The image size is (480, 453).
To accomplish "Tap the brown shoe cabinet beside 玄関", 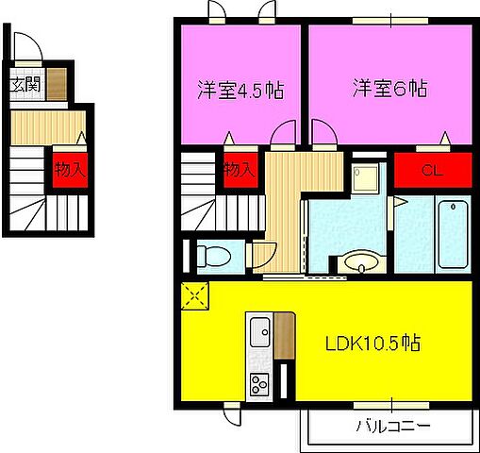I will point(56,84).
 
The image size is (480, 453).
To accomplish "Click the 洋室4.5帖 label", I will point(241,91).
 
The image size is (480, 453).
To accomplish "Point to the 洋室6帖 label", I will point(390,90).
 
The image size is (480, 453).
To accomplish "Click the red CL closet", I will point(432,171).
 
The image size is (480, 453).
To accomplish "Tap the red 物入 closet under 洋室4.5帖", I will point(240,171).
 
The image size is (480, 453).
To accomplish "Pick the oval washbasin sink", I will point(358,262).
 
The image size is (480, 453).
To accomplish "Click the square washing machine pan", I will point(365,176).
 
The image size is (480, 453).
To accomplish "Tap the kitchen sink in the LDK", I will point(260,333).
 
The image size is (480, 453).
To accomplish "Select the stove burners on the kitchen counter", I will point(259,383).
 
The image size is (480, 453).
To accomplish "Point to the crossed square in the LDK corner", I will point(196,297).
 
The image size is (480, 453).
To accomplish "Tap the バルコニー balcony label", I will point(391,425).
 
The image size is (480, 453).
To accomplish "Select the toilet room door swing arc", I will point(261,253).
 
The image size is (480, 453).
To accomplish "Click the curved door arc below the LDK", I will point(232,412).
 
